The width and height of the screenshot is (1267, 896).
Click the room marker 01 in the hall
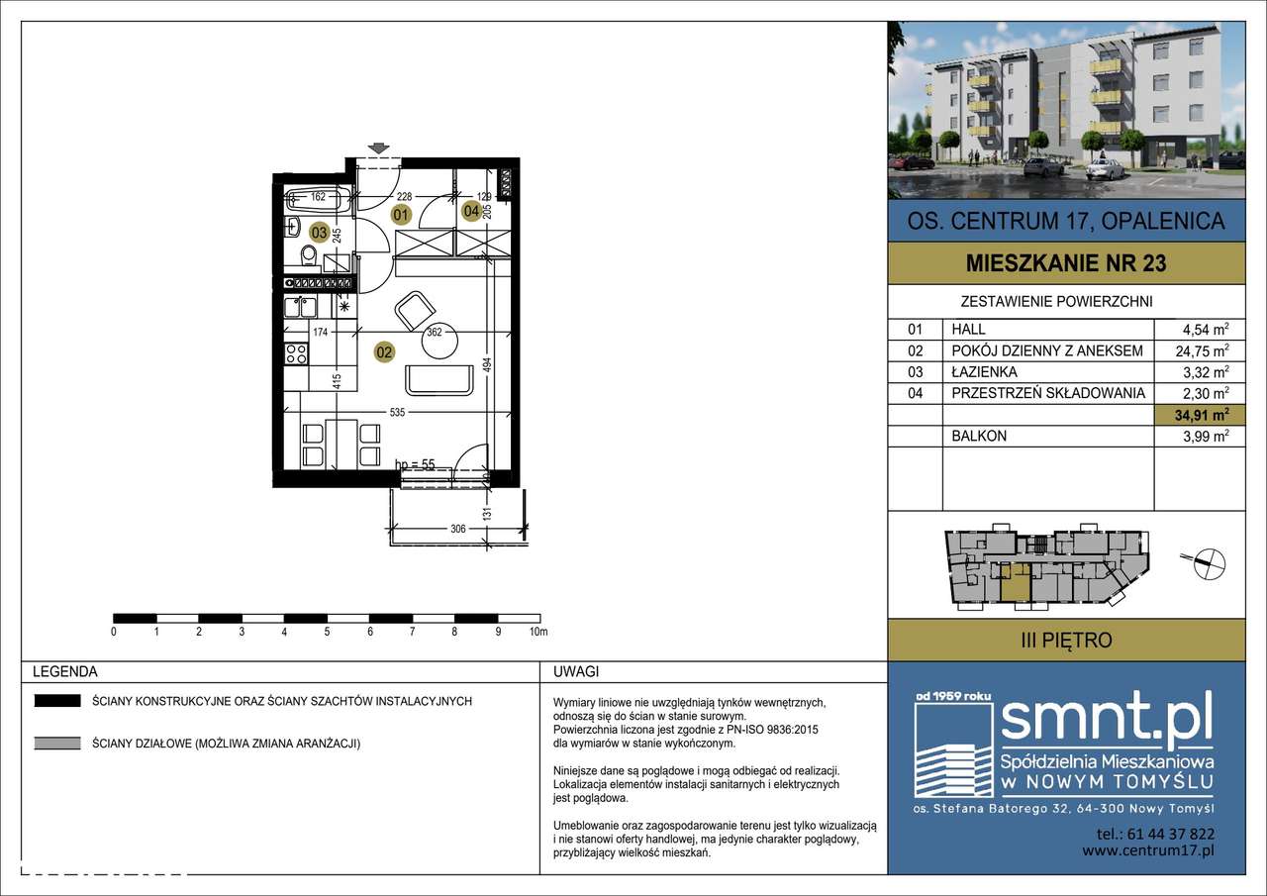point(401,215)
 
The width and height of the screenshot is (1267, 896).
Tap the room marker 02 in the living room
point(384,352)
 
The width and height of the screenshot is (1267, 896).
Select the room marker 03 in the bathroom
point(319,232)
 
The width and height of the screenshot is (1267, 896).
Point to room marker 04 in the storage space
point(472,211)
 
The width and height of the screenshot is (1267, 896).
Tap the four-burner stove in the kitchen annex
point(296,354)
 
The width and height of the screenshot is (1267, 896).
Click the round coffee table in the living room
point(440,343)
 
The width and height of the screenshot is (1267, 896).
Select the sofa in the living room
point(439,381)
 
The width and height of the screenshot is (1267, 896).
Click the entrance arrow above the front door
point(378,149)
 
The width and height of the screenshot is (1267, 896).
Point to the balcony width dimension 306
point(458,529)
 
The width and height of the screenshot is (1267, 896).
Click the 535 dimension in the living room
point(397,413)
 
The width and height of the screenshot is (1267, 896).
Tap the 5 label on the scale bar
point(327,632)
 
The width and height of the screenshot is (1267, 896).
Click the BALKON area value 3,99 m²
point(1206,437)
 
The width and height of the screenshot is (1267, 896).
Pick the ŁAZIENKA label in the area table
point(984,372)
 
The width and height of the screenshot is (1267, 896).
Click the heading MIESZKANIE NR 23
point(1066,263)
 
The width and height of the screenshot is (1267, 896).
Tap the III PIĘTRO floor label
point(1066,641)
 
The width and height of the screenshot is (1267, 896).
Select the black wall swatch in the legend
point(57,701)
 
